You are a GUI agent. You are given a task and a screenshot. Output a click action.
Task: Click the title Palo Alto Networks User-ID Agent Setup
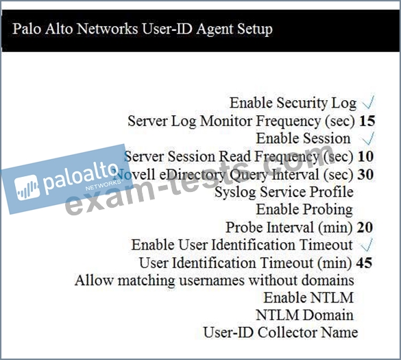coord(143,29)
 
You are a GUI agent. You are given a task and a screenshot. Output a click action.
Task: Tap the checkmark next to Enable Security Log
coord(368,102)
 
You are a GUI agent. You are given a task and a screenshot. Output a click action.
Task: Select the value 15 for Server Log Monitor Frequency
coord(367,121)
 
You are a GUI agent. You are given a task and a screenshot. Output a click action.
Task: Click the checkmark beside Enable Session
coord(368,139)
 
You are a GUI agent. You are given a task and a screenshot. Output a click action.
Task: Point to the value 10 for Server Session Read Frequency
coord(366,156)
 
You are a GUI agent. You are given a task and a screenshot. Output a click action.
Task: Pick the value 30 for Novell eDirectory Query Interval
coord(365,174)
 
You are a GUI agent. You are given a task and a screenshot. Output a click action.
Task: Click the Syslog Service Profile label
coord(284,192)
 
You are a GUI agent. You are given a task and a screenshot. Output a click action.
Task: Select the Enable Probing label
coord(304,210)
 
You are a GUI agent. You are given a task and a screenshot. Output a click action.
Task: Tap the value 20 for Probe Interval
coord(365,227)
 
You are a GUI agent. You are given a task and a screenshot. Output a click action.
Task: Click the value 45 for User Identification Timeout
coord(364,263)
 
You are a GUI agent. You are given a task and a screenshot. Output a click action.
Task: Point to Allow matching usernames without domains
coord(215,280)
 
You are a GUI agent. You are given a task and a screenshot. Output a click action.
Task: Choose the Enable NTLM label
coord(308,298)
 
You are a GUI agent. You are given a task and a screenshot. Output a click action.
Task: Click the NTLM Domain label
coord(304,315)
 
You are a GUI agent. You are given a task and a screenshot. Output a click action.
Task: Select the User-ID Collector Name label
coord(280,333)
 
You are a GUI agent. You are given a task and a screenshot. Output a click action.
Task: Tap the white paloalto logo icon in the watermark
coord(27,188)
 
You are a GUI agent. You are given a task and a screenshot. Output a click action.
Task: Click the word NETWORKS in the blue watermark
coord(103,184)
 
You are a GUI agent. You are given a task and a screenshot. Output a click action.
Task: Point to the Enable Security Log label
coord(293,103)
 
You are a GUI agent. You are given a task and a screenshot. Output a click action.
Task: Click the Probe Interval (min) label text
coord(289,227)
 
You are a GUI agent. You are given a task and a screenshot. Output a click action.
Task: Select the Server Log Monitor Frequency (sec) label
coord(241,121)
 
